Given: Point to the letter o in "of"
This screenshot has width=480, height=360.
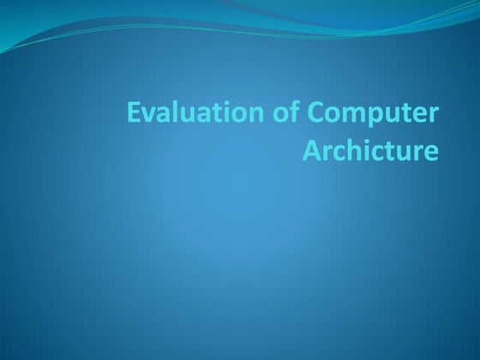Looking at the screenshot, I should tap(254, 116).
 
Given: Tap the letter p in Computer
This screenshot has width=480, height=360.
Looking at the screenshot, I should tap(351, 118).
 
